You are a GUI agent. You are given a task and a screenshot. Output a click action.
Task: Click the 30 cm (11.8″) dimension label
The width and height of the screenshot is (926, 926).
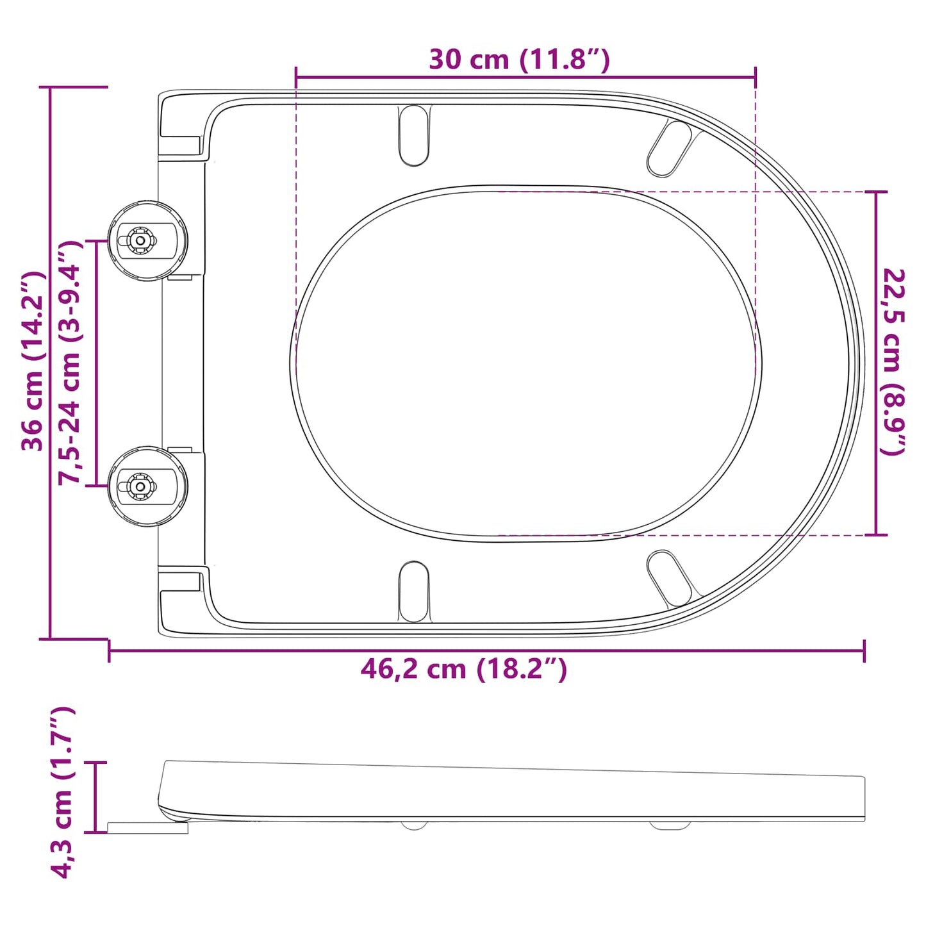tap(519, 59)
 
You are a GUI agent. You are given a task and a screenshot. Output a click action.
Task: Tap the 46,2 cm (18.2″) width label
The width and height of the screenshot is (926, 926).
tap(463, 669)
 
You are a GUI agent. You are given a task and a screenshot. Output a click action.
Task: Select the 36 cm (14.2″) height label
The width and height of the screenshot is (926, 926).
tap(32, 361)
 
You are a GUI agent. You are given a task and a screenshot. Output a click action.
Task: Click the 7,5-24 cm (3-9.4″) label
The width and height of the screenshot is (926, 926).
tap(70, 363)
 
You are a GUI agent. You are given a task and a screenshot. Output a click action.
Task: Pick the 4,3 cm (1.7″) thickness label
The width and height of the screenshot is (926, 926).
tap(62, 792)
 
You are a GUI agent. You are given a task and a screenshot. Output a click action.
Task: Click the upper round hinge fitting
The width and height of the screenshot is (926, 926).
tap(147, 240)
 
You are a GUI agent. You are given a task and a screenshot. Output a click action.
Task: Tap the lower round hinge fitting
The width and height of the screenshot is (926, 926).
tap(147, 486)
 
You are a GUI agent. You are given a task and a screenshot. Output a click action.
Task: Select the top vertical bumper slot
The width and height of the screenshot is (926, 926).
tap(414, 135)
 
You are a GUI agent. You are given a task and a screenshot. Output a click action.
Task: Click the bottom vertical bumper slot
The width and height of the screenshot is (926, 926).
tap(414, 591)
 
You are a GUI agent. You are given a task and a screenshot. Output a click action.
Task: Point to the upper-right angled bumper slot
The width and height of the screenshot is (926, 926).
tap(669, 148)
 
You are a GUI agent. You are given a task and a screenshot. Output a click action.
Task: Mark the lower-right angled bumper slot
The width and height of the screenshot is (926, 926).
tap(669, 578)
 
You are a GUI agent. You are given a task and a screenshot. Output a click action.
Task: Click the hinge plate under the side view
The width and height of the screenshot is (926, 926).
tap(147, 828)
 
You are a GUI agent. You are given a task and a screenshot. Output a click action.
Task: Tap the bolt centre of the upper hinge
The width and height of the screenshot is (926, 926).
tap(139, 240)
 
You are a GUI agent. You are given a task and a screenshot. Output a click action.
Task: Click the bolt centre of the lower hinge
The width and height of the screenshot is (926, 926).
tap(139, 486)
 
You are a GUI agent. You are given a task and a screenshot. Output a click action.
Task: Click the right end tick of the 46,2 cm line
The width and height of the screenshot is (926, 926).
tap(864, 651)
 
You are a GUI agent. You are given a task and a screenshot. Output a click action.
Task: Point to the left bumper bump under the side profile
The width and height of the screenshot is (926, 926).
tap(414, 825)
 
